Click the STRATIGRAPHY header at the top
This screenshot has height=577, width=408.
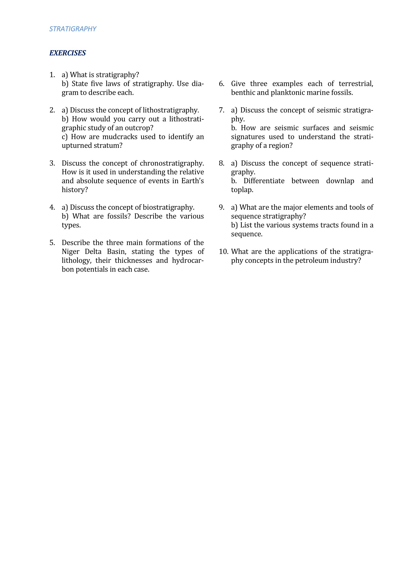click(73, 29)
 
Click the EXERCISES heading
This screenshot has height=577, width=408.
click(68, 53)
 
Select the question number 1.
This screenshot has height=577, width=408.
click(52, 75)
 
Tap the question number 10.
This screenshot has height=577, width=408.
click(223, 252)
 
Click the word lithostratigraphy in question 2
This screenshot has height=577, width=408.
click(171, 110)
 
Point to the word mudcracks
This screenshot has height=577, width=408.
click(120, 137)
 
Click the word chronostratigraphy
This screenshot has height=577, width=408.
click(172, 163)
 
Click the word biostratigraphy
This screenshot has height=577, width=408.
click(168, 207)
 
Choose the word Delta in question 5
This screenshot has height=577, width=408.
click(93, 252)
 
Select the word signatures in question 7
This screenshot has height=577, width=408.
click(248, 137)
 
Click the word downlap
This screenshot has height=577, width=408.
click(340, 181)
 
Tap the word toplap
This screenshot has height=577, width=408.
click(242, 190)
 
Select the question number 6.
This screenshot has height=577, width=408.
click(221, 84)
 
